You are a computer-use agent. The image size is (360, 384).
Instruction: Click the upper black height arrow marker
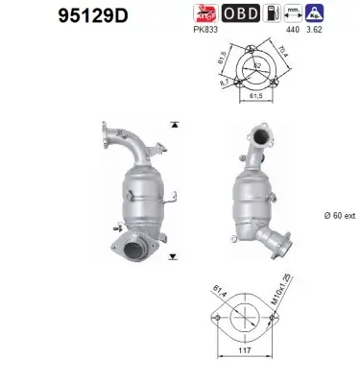click(173, 126)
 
